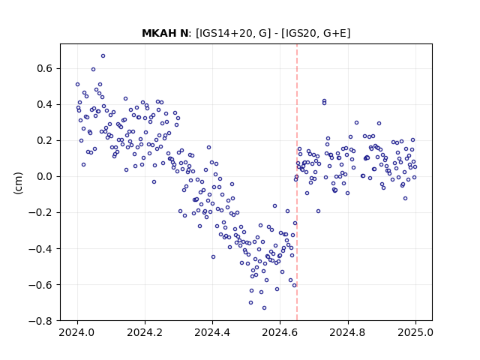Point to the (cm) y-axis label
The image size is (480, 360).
click(18, 183)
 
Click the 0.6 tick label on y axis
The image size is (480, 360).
click(45, 68)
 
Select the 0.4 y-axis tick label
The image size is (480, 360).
click(45, 105)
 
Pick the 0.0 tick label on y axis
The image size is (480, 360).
click(45, 177)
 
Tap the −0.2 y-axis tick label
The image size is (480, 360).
click(40, 213)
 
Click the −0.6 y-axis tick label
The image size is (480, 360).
click(40, 285)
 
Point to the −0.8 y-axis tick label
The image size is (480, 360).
click(40, 321)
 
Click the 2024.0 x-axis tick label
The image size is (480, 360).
click(76, 332)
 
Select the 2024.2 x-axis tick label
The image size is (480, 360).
click(145, 332)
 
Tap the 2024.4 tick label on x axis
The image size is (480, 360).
click(212, 332)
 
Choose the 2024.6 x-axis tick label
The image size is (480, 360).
click(280, 332)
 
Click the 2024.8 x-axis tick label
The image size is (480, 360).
click(347, 332)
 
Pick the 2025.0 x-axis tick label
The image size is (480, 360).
click(415, 332)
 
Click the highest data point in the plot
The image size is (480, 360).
click(103, 56)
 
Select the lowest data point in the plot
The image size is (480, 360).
click(264, 308)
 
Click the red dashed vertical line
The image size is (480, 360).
click(297, 182)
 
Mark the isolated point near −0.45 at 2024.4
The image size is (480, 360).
click(213, 256)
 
